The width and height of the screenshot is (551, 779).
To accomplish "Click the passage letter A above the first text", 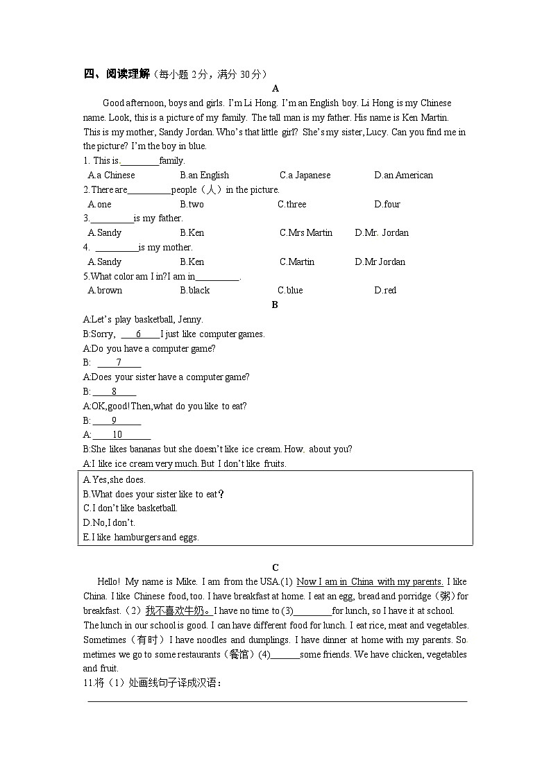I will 275,88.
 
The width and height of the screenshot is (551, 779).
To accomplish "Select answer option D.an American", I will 403,176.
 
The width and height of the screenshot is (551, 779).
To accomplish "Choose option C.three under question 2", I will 291,205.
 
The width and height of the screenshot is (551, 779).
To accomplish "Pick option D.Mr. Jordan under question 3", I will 382,233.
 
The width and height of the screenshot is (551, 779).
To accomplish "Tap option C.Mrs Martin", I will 306,233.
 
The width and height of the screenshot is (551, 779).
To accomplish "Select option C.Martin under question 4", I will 297,262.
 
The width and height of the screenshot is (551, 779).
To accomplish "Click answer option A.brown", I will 105,291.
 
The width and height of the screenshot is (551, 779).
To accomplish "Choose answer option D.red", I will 385,291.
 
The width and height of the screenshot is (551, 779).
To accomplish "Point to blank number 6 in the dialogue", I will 139,334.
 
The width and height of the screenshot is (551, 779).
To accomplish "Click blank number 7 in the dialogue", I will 119,363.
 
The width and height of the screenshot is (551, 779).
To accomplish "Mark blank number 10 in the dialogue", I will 117,435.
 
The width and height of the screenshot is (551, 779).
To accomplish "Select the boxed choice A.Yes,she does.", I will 115,479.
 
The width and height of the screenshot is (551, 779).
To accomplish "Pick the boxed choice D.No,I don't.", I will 109,522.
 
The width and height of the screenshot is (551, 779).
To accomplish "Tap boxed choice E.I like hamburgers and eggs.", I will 141,537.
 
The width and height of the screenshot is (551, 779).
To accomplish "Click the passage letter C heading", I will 275,567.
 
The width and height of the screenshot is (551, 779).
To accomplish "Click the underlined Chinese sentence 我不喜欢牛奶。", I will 178,611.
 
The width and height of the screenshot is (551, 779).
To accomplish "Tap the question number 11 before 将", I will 88,683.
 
